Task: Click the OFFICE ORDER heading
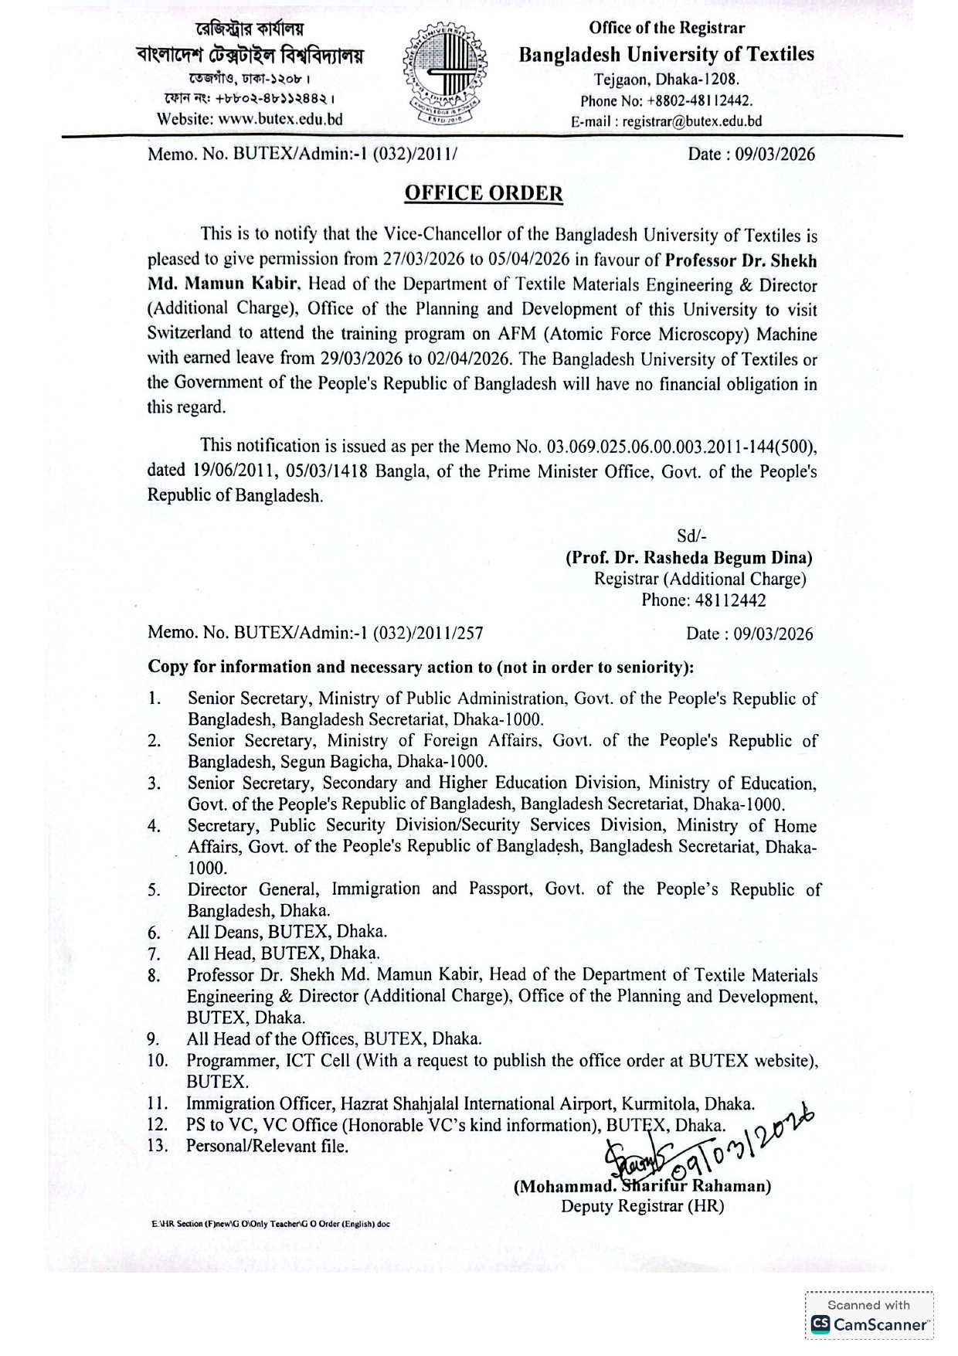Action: click(484, 193)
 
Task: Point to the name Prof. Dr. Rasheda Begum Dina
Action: click(688, 558)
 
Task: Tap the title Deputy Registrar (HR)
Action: click(642, 1206)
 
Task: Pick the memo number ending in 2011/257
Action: click(315, 634)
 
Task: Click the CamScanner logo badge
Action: click(869, 1324)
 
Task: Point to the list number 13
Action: click(158, 1145)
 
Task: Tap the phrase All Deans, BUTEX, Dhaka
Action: click(287, 932)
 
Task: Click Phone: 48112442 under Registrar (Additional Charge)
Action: click(703, 600)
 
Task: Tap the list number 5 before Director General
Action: click(155, 890)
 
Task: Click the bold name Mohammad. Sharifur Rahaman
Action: click(642, 1186)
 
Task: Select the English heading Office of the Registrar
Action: click(666, 29)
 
